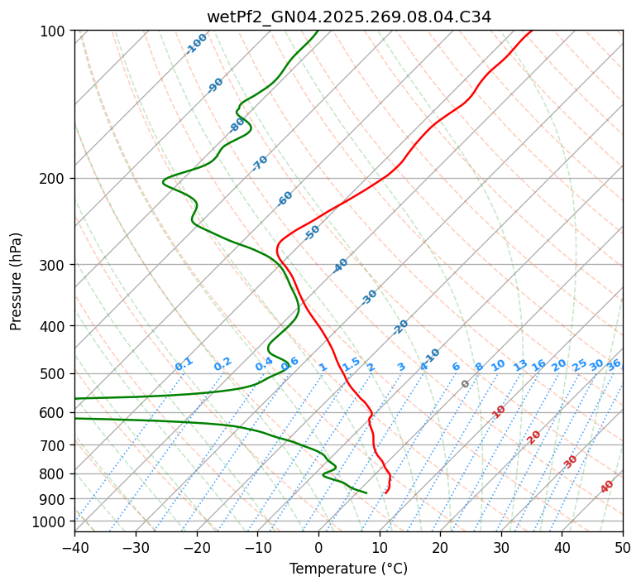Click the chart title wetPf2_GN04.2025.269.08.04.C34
point(348,17)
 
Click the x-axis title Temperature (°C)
point(348,569)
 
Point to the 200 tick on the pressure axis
point(56,179)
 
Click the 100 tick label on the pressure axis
point(56,31)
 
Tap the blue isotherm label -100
point(196,44)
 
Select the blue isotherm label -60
point(285,199)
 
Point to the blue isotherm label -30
point(369,297)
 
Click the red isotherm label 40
point(607,487)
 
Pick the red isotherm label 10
point(499,411)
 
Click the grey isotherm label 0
point(466,384)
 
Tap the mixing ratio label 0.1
point(184,363)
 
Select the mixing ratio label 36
point(614,365)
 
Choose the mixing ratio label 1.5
point(351,363)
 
